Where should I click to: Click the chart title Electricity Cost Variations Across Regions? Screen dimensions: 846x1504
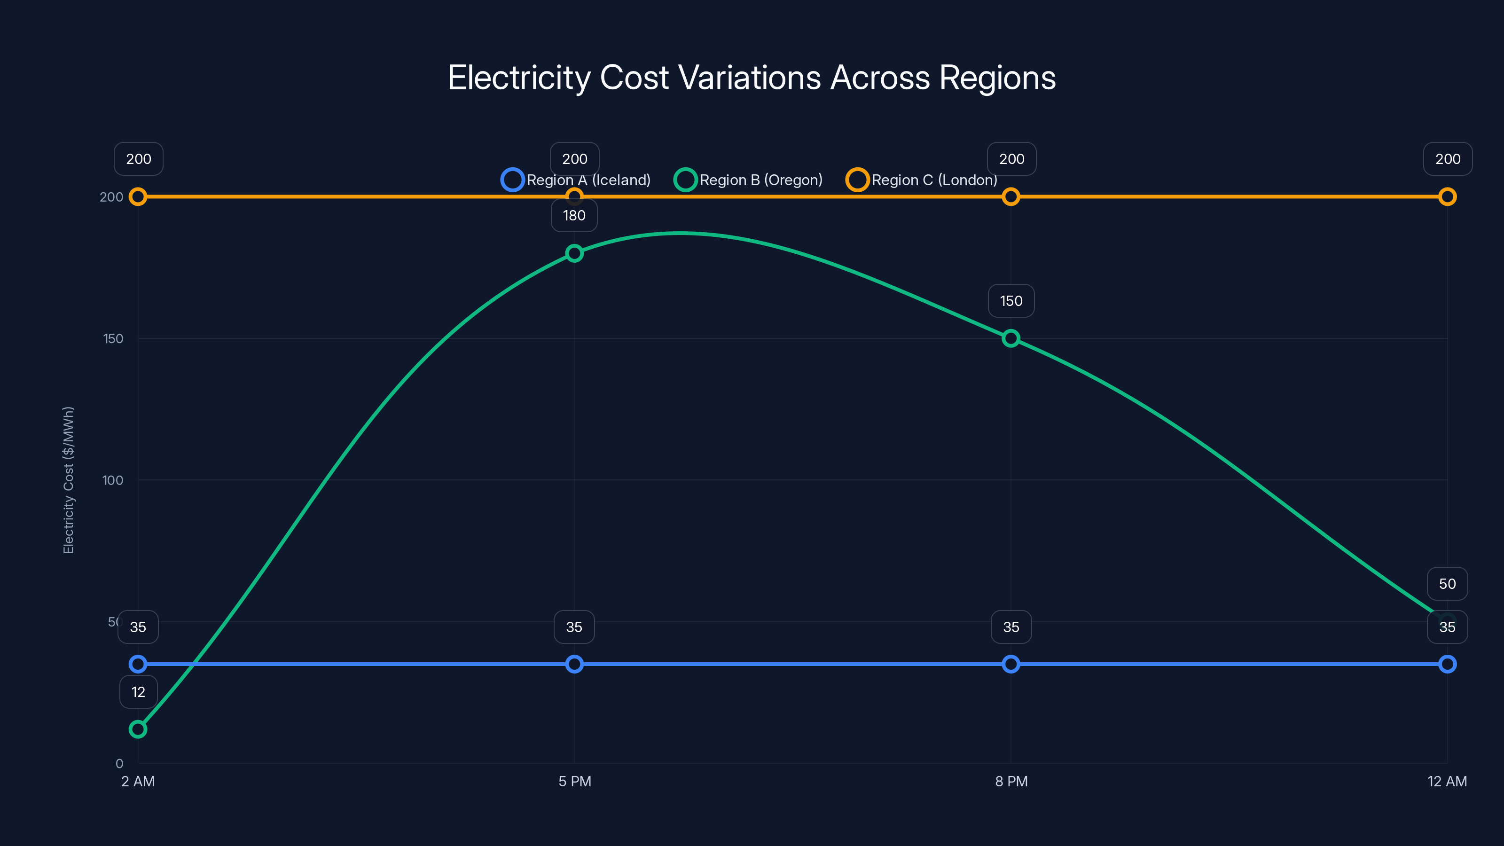click(752, 78)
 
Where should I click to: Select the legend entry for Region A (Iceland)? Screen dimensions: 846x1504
click(576, 180)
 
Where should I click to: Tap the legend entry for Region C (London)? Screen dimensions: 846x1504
click(921, 180)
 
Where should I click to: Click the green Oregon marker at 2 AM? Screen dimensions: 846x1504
click(138, 729)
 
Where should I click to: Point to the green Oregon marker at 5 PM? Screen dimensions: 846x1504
click(574, 253)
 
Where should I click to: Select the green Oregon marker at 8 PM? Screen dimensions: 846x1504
click(1010, 338)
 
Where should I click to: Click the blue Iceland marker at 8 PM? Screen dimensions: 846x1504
click(1010, 664)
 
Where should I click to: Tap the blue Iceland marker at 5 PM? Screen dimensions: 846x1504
click(574, 664)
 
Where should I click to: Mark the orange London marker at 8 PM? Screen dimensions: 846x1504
click(1010, 197)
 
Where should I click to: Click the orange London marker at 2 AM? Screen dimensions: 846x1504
click(138, 197)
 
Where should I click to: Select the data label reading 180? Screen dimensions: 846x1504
click(574, 215)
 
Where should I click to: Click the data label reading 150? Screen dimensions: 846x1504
click(1010, 301)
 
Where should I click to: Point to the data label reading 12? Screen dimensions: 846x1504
click(138, 692)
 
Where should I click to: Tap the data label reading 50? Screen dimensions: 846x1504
click(1447, 584)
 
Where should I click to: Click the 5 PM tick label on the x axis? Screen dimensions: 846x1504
click(574, 781)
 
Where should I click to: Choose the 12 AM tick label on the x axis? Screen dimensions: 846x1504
click(1447, 781)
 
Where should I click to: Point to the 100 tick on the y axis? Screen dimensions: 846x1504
click(113, 480)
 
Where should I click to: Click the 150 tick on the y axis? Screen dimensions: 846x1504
click(113, 338)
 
